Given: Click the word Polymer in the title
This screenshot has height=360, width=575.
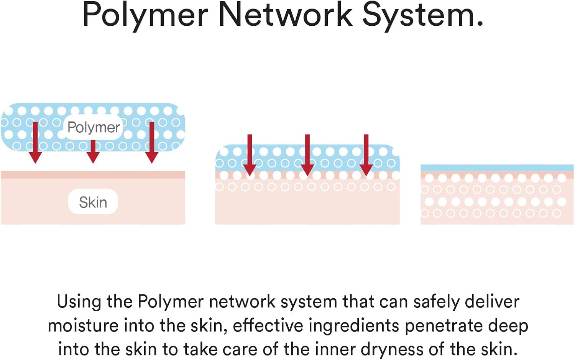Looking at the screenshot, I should click(145, 15).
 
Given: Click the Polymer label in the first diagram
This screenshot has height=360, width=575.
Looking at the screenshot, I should click(94, 127).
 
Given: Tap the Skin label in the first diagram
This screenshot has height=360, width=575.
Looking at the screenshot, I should click(93, 202).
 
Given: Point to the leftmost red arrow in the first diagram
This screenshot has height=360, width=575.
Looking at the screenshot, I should click(35, 143).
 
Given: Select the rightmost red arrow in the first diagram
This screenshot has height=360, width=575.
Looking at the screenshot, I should click(152, 143).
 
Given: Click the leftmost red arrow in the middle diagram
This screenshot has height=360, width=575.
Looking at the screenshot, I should click(250, 155).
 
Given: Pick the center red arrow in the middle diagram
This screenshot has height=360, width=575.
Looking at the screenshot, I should click(307, 155).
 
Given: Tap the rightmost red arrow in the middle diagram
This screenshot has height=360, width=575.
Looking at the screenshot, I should click(366, 155).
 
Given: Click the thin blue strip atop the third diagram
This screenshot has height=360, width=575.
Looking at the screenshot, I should click(497, 168).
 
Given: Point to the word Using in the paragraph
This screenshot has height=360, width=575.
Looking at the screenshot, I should click(79, 302).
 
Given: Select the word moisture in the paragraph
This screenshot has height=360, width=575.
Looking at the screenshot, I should click(83, 326).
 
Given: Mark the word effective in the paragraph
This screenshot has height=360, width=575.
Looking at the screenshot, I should click(268, 326).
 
